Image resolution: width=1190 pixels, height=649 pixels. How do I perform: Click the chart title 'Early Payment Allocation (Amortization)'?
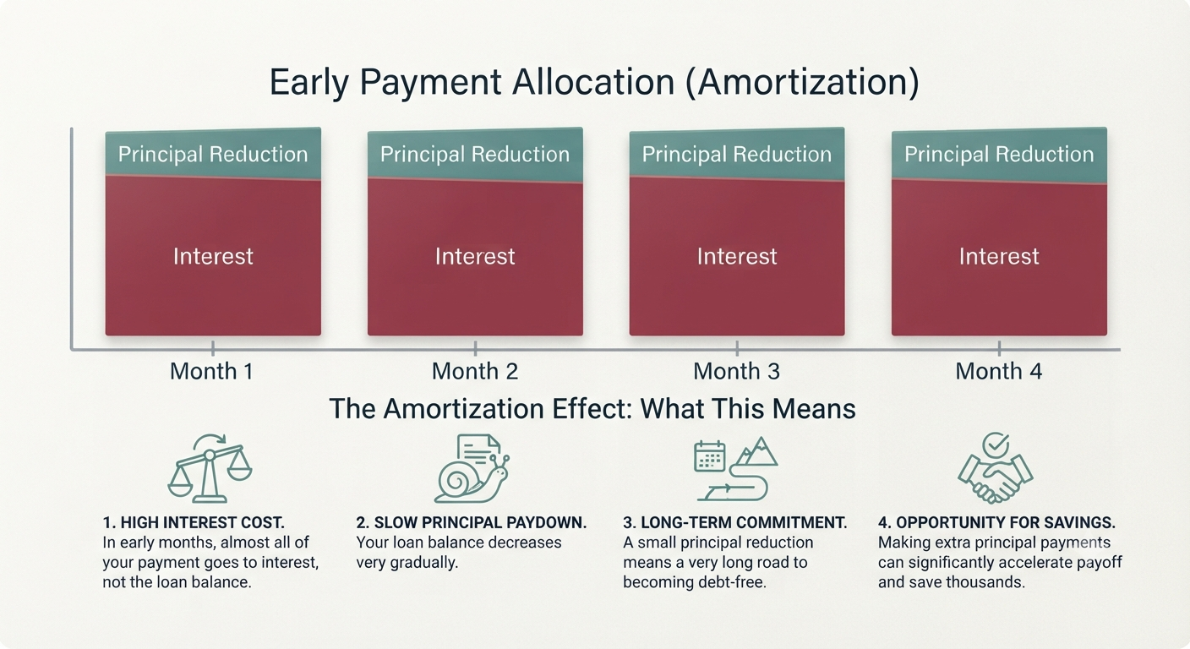coord(594,82)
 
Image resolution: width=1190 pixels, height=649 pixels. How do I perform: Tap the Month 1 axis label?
coord(211,371)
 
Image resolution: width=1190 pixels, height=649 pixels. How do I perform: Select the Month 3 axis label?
coord(737,371)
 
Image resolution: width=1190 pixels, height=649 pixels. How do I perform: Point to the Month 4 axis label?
coord(999,371)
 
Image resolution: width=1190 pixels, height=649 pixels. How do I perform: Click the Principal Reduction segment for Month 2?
coord(475,154)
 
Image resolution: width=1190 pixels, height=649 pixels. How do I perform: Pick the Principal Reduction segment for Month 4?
coord(999,155)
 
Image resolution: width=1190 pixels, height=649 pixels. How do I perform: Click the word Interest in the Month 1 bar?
coord(213,257)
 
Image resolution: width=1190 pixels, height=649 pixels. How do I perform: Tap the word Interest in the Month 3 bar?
coord(737,257)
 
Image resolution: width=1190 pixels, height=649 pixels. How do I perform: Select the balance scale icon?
coord(210,468)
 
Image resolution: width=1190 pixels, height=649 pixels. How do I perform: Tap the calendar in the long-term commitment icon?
coord(710,456)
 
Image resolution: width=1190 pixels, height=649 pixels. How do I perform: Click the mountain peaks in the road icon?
coord(756,451)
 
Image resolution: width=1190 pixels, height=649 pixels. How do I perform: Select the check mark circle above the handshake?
coord(996,444)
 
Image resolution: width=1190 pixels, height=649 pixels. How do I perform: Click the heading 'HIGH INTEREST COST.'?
coord(202,522)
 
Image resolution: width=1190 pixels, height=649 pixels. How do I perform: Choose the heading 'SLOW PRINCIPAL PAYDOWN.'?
coord(480,522)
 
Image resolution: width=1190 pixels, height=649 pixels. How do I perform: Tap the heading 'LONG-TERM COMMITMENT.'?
coord(744,522)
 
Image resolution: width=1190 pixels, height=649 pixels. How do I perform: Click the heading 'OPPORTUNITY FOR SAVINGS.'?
coord(1006,522)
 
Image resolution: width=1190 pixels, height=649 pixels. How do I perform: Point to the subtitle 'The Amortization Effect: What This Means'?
coord(592,409)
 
